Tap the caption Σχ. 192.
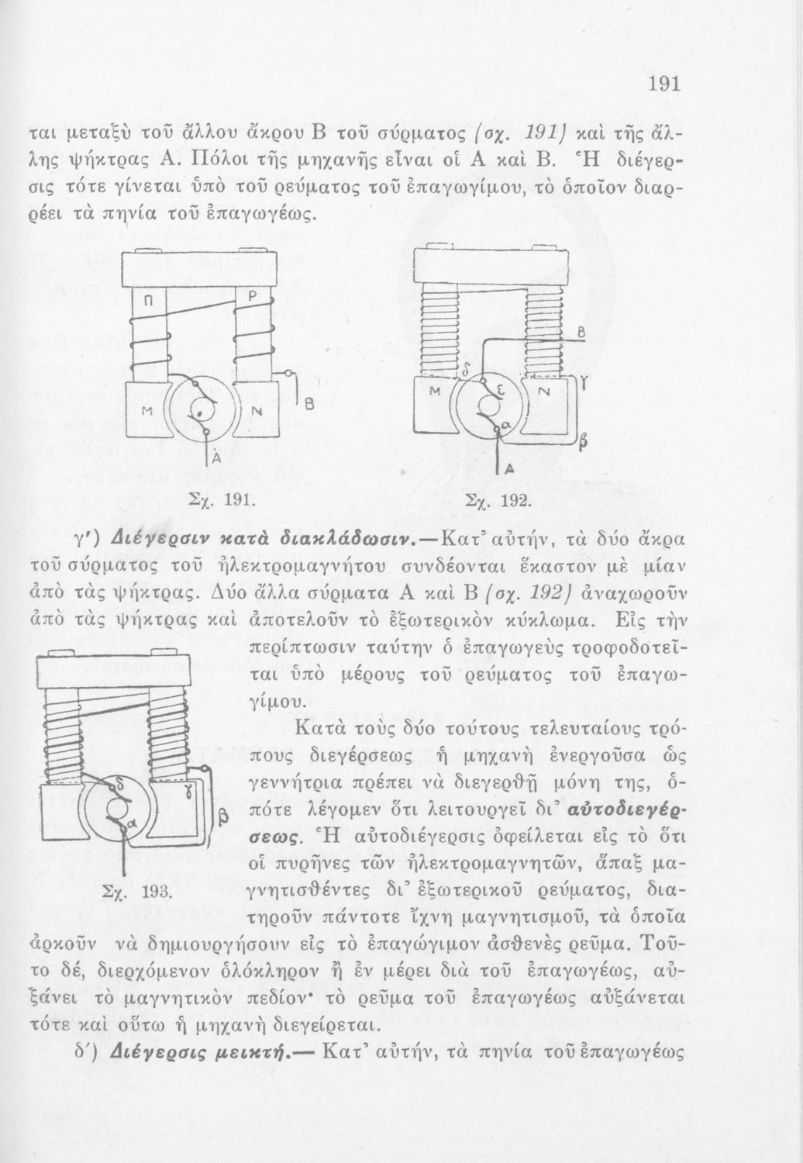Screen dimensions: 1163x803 (489, 501)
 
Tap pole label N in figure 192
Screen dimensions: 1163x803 (543, 393)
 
